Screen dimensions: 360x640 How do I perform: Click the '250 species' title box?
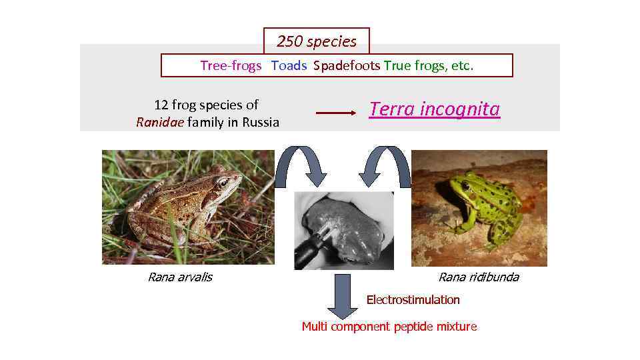[x=317, y=41]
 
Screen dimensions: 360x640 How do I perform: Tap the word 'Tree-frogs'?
[x=231, y=65]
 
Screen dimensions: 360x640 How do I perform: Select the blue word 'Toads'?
[x=289, y=65]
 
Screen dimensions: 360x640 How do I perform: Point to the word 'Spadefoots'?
[x=347, y=65]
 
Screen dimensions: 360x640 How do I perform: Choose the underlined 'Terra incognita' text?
[x=434, y=109]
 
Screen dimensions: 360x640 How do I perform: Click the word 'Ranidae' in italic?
[x=156, y=122]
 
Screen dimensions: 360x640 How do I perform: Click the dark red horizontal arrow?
[x=336, y=113]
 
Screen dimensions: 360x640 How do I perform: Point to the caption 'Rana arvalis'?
[x=179, y=277]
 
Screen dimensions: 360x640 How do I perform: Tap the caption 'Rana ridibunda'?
[x=478, y=277]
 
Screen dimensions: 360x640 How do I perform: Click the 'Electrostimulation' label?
[x=413, y=300]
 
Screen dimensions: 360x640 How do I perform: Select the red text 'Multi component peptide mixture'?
[x=389, y=327]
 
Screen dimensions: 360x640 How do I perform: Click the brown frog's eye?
[x=223, y=182]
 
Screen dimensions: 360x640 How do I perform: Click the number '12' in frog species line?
[x=161, y=105]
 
